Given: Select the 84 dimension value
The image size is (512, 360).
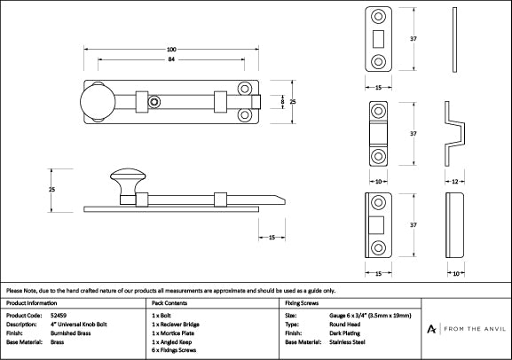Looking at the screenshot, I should pyautogui.click(x=170, y=60).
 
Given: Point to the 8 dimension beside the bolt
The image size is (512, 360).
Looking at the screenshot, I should pyautogui.click(x=283, y=103).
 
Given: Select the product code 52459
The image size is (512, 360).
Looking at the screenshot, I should pyautogui.click(x=59, y=315).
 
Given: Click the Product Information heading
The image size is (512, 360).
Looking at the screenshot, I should pyautogui.click(x=32, y=302).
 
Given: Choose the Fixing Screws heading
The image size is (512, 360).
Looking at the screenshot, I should pyautogui.click(x=300, y=302).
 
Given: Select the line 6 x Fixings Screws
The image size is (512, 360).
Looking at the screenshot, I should pyautogui.click(x=175, y=350).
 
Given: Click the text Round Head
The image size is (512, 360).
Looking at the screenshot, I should pyautogui.click(x=344, y=324).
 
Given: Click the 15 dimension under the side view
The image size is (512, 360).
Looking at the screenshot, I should pyautogui.click(x=270, y=237).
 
